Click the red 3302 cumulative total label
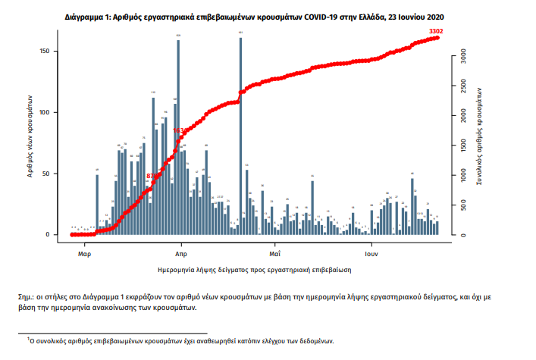tap(436, 31)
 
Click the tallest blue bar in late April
tap(240, 136)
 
